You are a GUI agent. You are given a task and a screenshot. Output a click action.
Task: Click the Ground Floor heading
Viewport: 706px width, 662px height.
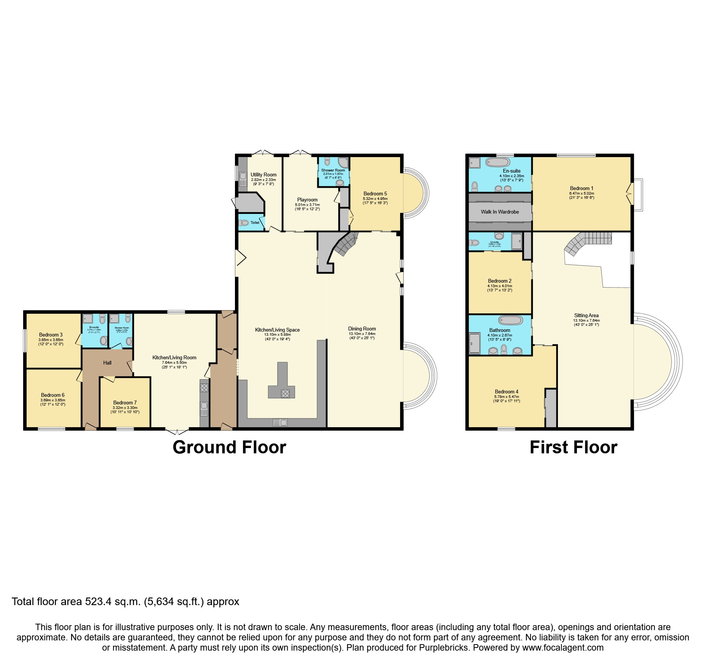[229, 448]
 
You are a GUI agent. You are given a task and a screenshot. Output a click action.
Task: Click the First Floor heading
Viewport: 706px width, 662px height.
[573, 448]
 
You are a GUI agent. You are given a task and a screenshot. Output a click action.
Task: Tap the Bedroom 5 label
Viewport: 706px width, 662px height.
[375, 193]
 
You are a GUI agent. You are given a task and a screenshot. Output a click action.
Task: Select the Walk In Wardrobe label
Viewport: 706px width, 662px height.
[500, 212]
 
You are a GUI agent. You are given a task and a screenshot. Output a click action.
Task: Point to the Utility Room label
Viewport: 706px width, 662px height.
[263, 175]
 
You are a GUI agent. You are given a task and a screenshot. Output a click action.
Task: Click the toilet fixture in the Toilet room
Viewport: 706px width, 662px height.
[244, 223]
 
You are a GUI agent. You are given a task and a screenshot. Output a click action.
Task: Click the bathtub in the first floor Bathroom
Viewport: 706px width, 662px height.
[511, 321]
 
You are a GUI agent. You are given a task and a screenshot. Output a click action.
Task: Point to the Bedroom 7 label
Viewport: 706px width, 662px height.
[125, 403]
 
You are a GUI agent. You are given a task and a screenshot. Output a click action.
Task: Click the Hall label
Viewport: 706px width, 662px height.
[107, 363]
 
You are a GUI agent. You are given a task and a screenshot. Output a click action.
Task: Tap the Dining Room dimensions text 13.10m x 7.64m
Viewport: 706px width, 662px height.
[362, 334]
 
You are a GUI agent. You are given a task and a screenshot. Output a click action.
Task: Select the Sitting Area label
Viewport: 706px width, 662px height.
[586, 315]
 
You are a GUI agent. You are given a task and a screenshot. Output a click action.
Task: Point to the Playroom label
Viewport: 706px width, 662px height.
[307, 200]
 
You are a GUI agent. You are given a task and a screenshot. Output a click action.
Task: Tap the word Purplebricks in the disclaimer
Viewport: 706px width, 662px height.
[443, 648]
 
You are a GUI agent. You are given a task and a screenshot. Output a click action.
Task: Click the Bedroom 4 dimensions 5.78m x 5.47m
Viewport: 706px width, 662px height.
[506, 396]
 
